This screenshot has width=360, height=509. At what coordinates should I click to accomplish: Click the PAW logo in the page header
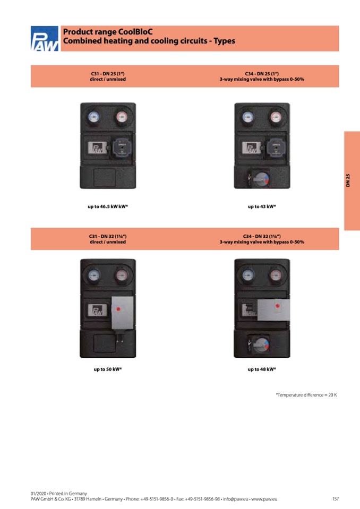45,39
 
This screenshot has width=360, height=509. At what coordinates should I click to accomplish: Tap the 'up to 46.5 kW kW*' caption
108,206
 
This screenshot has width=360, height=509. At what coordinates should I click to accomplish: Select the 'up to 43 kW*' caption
262,206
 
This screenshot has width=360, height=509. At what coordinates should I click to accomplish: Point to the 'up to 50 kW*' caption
108,369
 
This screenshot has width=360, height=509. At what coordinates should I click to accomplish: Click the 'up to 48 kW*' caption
262,369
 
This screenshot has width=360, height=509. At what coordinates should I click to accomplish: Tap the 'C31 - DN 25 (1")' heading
108,74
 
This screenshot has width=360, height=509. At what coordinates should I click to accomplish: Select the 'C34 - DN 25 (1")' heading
262,74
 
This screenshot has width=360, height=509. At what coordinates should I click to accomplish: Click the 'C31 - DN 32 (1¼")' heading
108,236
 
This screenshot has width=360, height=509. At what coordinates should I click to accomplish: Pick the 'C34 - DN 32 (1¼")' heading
262,236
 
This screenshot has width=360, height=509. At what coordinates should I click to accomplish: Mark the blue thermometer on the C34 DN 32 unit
248,275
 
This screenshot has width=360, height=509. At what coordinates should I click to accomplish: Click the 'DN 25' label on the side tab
348,180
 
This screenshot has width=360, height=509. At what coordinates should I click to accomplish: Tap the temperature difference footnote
306,395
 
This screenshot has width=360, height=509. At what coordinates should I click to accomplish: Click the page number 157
335,499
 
